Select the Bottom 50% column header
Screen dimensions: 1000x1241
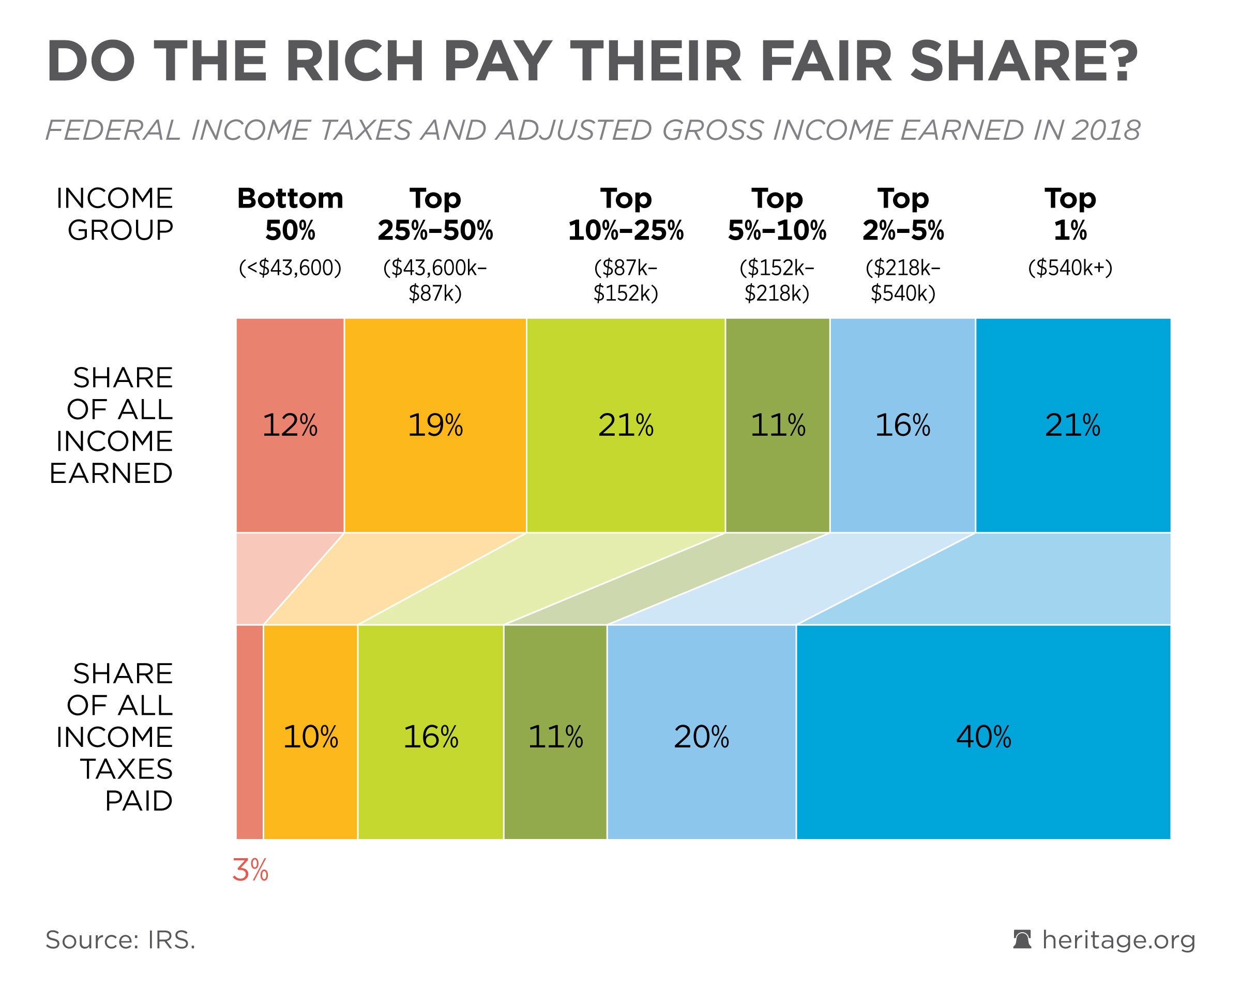click(290, 214)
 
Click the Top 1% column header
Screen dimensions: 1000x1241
click(1070, 214)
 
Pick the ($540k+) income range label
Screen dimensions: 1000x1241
click(1070, 269)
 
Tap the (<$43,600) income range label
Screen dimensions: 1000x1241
click(290, 269)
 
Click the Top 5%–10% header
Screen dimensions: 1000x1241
click(777, 214)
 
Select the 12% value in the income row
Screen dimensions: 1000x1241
click(290, 425)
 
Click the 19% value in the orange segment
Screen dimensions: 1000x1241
click(435, 425)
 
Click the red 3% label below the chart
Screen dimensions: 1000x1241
click(250, 871)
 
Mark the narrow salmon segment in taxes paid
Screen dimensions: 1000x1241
click(250, 731)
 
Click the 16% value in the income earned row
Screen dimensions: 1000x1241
click(902, 425)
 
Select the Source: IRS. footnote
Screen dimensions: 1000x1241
click(121, 940)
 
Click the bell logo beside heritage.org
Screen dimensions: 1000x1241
click(1022, 939)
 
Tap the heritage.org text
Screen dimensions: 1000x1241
click(1118, 940)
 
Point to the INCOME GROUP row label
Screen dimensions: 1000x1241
click(115, 214)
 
